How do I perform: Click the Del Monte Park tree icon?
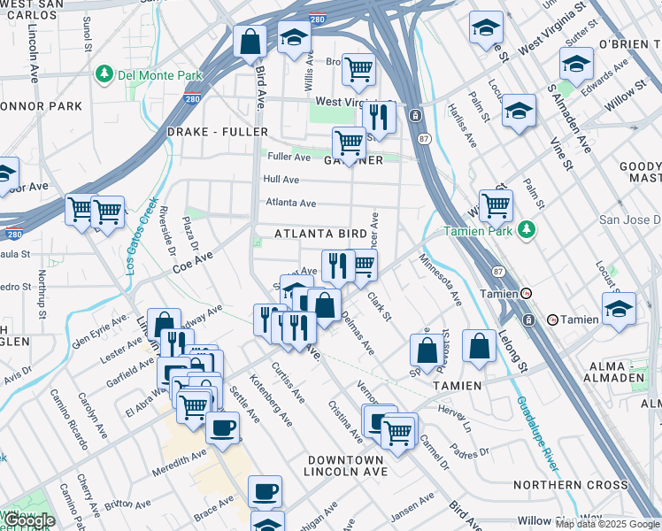click(104, 72)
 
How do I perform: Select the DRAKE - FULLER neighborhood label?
click(217, 132)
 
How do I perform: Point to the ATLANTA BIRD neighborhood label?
click(320, 234)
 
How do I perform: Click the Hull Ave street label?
click(281, 180)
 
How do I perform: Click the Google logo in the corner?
click(28, 520)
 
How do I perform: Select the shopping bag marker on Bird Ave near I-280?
click(250, 41)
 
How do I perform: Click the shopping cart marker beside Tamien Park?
click(496, 205)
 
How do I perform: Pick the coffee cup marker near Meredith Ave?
click(222, 427)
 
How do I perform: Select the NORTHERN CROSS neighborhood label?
click(571, 485)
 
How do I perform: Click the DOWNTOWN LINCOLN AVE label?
click(347, 466)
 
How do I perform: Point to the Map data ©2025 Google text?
click(608, 524)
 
